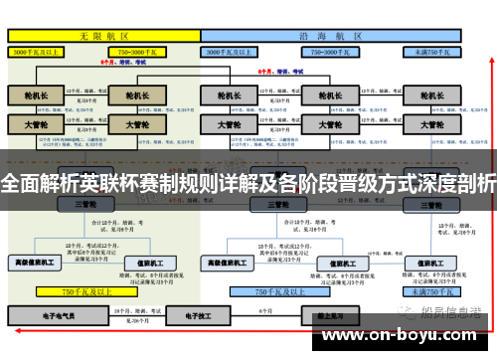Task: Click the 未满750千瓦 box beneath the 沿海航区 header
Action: (432, 49)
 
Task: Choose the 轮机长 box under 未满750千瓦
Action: (431, 96)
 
